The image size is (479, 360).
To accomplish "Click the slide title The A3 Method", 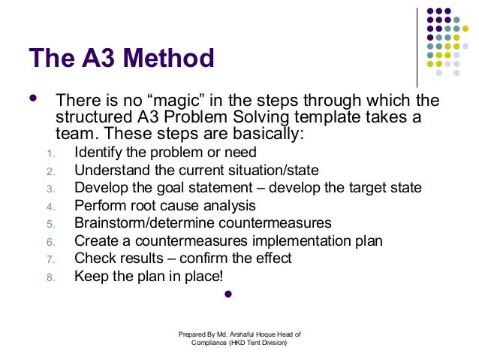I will [121, 58].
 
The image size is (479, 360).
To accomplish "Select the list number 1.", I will [50, 155].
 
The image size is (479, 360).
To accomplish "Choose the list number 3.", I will [50, 189].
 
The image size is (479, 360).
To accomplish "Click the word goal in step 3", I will [173, 188].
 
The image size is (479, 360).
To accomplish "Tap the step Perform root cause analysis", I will [165, 205].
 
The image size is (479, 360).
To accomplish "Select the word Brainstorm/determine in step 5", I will [138, 223].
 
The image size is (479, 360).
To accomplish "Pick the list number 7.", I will [50, 259].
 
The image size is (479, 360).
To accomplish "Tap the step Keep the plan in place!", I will [148, 275].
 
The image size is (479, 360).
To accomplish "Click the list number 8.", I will [50, 277].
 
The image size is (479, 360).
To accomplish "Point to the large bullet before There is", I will [32, 99].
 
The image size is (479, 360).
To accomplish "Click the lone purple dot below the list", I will [229, 294].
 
